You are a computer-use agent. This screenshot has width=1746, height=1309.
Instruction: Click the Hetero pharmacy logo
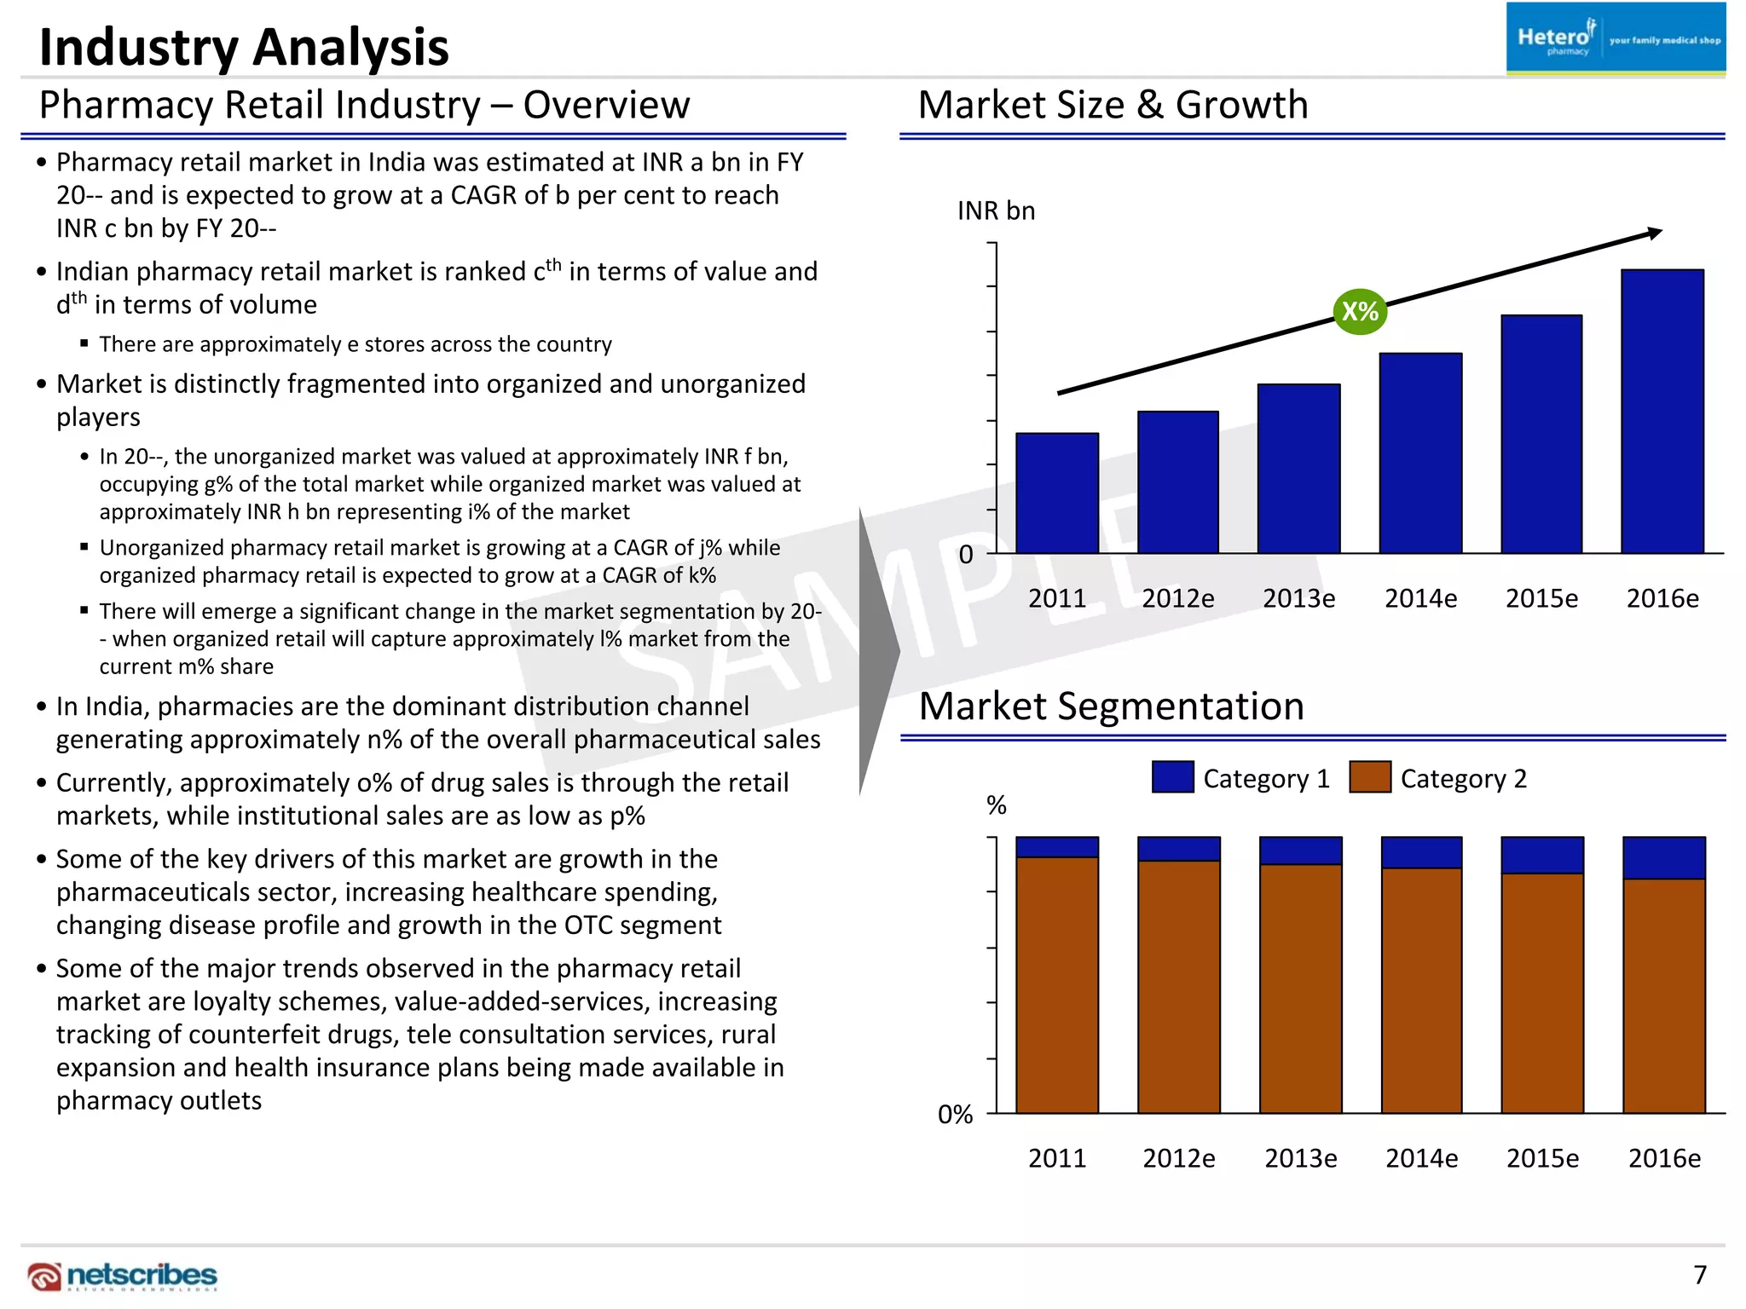coord(1615,39)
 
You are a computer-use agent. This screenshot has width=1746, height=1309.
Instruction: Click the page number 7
coord(1699,1275)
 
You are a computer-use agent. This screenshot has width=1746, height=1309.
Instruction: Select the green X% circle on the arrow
coord(1360,311)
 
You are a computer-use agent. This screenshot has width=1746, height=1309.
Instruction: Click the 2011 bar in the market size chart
coord(1056,494)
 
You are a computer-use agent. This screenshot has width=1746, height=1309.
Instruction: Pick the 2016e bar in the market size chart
coord(1662,412)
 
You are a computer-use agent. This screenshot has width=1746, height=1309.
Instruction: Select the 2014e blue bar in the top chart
coord(1420,453)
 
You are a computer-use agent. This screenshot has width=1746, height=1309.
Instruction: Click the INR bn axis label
coord(996,210)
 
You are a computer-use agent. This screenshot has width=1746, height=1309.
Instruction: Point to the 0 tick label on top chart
coord(966,555)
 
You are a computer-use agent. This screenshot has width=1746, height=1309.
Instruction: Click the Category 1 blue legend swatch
coord(1172,777)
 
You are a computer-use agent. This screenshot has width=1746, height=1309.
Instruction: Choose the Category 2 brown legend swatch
coord(1370,777)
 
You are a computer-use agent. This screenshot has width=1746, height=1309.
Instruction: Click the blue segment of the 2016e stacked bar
coord(1663,857)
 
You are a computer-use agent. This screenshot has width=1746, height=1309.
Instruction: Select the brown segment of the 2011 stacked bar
coord(1056,984)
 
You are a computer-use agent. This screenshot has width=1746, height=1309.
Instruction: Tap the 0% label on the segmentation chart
coord(955,1115)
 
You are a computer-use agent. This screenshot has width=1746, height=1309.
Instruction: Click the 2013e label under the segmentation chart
coord(1300,1158)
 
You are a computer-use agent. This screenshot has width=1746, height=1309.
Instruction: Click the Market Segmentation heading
coord(1111,706)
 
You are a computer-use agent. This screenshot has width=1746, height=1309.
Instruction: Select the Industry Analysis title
coord(244,47)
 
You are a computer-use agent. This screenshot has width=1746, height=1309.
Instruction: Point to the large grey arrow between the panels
coord(878,652)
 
